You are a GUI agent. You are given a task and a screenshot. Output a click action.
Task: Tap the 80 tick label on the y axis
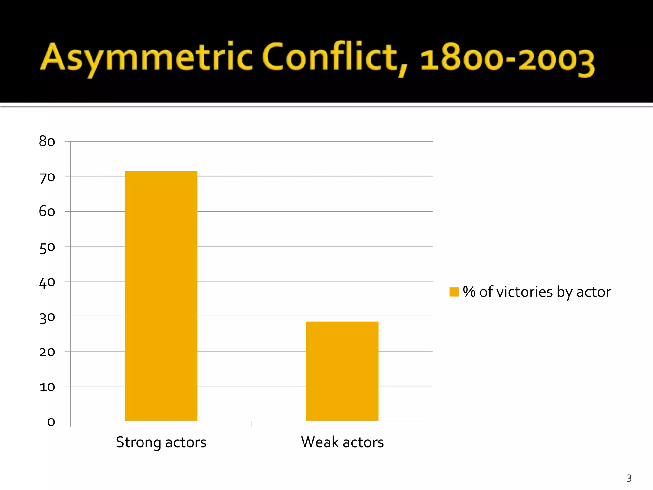(x=47, y=141)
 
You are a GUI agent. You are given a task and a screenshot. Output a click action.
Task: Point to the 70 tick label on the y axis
(x=47, y=177)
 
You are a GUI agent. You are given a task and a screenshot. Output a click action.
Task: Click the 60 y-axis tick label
(x=47, y=212)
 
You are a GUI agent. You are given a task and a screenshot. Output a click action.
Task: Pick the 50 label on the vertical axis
(x=47, y=248)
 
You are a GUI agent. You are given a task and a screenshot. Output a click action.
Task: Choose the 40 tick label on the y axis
(x=47, y=282)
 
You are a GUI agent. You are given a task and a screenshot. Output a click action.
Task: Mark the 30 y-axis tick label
(x=47, y=318)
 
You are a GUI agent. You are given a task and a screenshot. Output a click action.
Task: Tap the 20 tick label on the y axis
(x=47, y=352)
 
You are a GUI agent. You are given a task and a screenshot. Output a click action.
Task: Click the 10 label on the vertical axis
(x=47, y=387)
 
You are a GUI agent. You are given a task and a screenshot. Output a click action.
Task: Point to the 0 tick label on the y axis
(x=51, y=422)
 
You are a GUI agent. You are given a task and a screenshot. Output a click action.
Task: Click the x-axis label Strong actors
(x=161, y=442)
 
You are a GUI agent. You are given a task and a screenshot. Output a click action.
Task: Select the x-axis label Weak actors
(x=342, y=442)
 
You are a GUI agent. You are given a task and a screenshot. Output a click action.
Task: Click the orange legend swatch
(x=454, y=292)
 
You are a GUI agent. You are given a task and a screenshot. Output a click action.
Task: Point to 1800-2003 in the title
(x=507, y=59)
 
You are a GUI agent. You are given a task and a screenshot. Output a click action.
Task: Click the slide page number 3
(x=629, y=478)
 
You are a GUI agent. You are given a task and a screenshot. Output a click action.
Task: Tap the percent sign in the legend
(x=469, y=292)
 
